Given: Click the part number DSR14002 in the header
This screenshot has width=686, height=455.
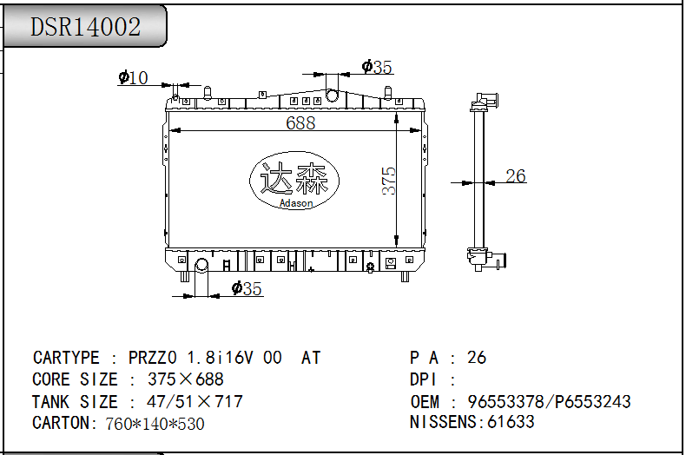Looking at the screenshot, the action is click(85, 27).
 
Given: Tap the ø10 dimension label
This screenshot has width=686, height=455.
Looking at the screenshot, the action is click(133, 78).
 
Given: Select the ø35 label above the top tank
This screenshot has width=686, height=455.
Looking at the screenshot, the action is click(377, 67).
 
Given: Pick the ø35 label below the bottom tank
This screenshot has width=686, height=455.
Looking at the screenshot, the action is click(247, 289).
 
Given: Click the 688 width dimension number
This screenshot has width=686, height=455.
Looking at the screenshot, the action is click(300, 123).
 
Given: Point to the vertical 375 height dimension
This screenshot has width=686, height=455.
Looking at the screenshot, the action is click(388, 181).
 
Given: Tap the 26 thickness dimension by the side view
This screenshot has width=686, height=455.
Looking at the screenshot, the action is click(516, 176).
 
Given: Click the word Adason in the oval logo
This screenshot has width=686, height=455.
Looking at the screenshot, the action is click(296, 203).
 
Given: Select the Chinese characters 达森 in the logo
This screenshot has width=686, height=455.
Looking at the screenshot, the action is click(294, 178).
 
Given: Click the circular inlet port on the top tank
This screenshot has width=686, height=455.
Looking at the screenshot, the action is click(332, 95).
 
